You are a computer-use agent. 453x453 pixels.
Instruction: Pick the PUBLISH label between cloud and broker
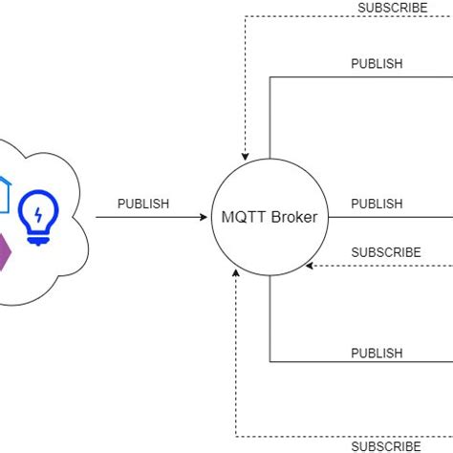[x=143, y=204]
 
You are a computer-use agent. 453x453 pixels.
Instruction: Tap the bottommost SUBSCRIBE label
[x=385, y=445]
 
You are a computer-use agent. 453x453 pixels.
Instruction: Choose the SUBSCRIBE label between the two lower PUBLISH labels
[x=385, y=252]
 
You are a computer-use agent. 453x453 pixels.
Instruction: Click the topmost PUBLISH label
[x=377, y=64]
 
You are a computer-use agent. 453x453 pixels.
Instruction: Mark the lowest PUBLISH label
[x=377, y=353]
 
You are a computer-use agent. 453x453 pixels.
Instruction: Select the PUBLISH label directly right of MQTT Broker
[x=377, y=204]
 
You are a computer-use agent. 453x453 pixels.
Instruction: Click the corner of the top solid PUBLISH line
[x=270, y=76]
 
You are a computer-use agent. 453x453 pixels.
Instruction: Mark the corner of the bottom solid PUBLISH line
[x=270, y=361]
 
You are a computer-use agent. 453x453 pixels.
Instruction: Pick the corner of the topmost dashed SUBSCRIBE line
[x=246, y=17]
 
